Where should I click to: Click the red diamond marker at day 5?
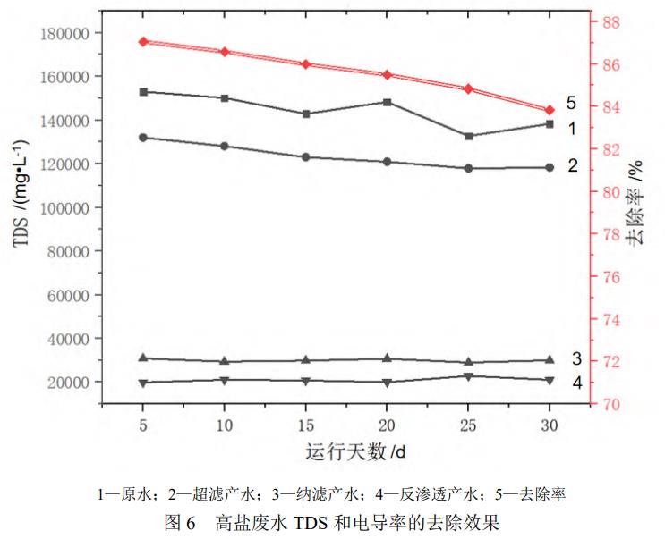point(143,42)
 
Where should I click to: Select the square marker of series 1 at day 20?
point(387,102)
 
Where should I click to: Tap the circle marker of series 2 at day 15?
point(305,157)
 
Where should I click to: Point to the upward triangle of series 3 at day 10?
point(225,361)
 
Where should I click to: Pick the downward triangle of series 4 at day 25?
point(468,376)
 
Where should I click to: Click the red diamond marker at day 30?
point(550,110)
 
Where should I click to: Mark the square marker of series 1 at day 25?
point(468,136)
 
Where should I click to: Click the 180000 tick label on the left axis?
point(68,33)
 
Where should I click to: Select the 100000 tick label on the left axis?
point(68,207)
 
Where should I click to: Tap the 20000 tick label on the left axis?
point(72,383)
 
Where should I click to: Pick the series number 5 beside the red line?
point(571,104)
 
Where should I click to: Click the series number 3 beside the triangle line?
point(577,358)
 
